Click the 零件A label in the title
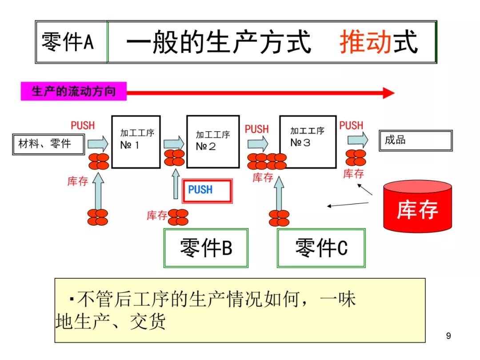[x=68, y=42]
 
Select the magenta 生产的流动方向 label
[x=73, y=92]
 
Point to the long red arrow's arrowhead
[x=388, y=93]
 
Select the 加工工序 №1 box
[x=136, y=142]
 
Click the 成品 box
[x=415, y=141]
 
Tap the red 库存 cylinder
[x=417, y=206]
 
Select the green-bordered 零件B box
[x=206, y=248]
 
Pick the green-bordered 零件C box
[x=321, y=248]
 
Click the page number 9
[x=448, y=336]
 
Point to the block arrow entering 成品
[x=357, y=140]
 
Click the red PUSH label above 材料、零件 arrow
[x=83, y=126]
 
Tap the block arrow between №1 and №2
[x=173, y=143]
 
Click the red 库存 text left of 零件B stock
[x=157, y=216]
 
